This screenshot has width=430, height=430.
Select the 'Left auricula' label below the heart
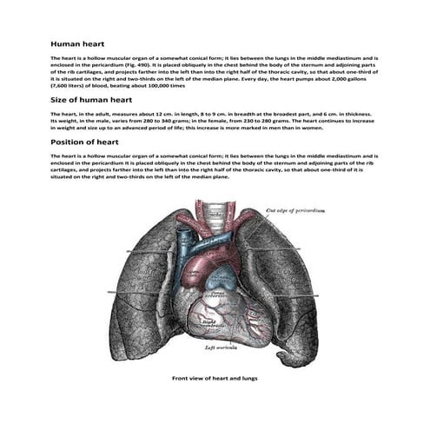pos(222,347)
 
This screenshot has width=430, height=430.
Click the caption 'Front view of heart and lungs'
pos(215,379)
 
